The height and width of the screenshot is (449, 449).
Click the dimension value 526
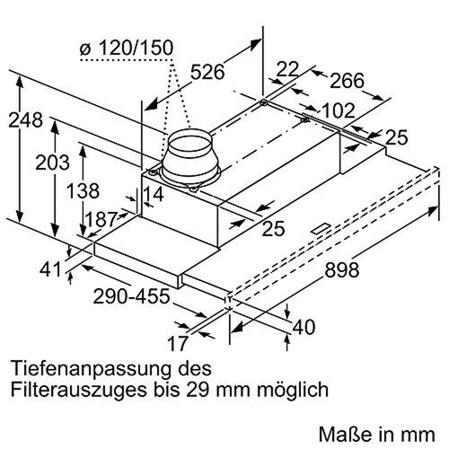207,72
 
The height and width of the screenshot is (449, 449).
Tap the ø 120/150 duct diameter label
127,48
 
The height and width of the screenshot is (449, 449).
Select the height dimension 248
25,120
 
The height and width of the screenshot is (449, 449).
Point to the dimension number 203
52,163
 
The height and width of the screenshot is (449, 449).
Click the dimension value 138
83,191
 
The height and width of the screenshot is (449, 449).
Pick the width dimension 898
342,269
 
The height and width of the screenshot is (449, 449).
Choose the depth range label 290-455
131,296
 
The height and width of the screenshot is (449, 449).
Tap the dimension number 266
347,80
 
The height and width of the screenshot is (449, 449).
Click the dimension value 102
339,110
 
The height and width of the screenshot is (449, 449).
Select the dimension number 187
101,219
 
